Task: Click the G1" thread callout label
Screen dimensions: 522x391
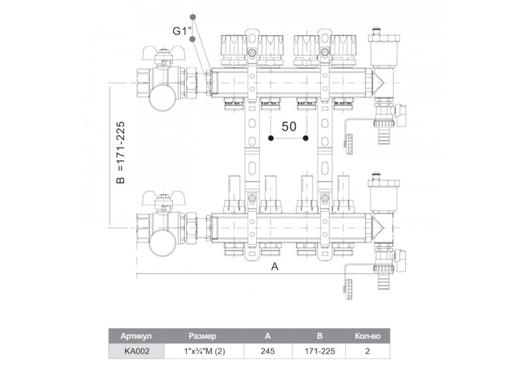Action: click(182, 31)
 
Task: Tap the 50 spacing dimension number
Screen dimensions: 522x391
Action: click(288, 126)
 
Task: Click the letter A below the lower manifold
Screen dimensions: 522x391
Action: click(275, 267)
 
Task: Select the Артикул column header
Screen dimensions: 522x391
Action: click(136, 336)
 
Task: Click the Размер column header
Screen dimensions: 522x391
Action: click(202, 336)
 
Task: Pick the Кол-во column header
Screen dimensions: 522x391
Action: click(367, 336)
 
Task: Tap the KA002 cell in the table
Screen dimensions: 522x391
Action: click(137, 351)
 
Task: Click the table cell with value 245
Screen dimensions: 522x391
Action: click(268, 351)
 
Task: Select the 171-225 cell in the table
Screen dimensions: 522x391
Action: click(320, 351)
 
